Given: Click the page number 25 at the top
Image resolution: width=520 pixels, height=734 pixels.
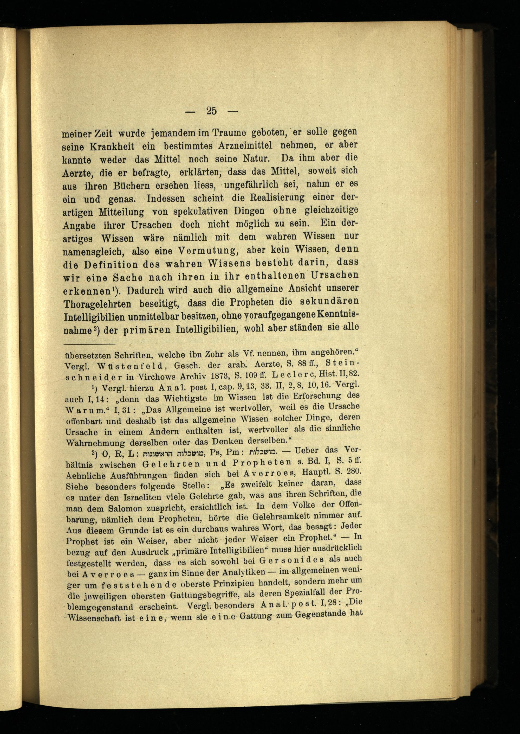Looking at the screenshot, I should point(212,111).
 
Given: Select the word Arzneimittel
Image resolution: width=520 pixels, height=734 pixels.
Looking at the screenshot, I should point(245,146).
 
